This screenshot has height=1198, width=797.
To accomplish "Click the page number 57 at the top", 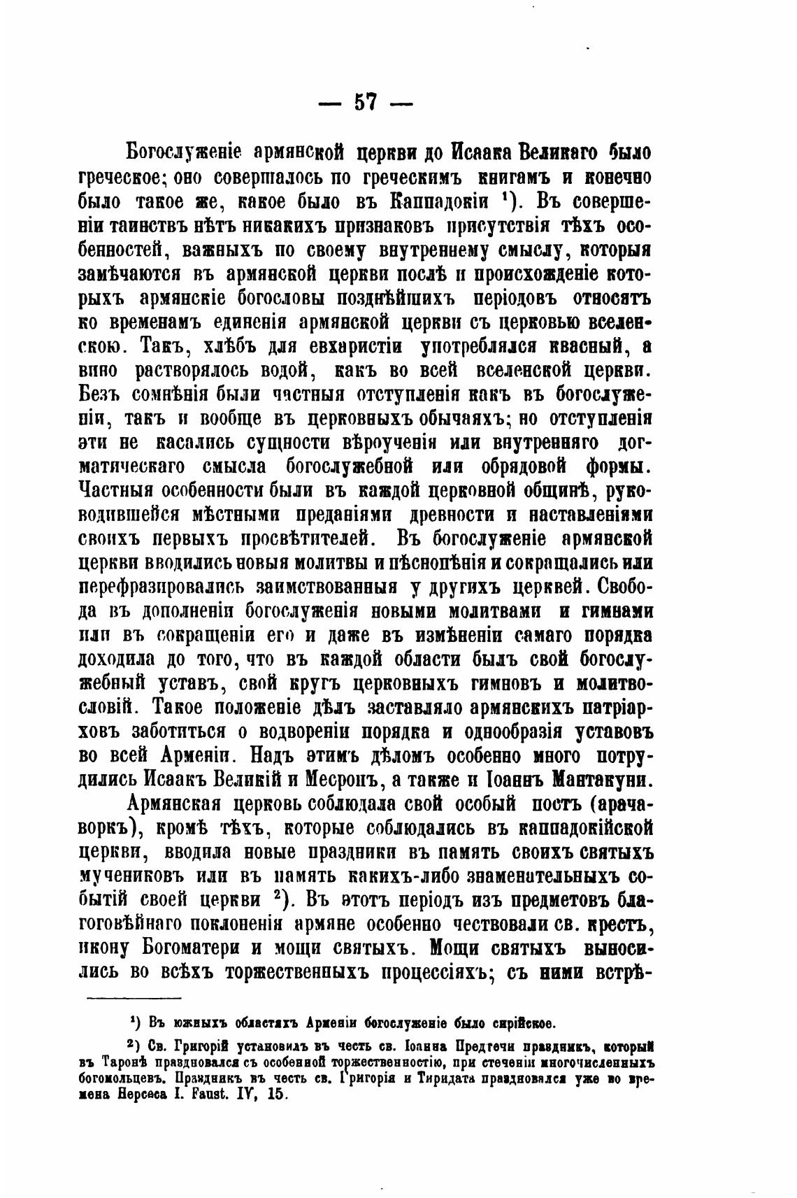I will coord(365,102).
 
